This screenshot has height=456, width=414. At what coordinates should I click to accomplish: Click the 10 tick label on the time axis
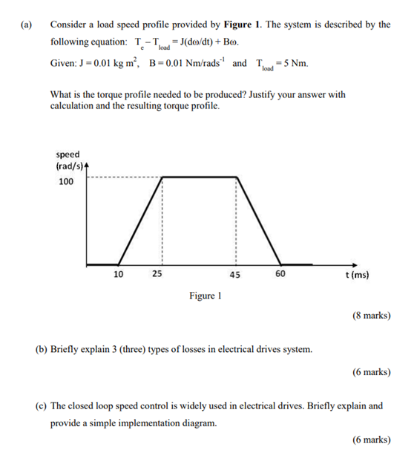pyautogui.click(x=119, y=274)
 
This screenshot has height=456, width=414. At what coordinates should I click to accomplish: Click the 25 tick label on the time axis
pyautogui.click(x=157, y=274)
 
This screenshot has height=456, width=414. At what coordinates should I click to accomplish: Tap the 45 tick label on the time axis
pyautogui.click(x=235, y=274)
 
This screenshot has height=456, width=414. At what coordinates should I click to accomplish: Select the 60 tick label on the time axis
pyautogui.click(x=280, y=274)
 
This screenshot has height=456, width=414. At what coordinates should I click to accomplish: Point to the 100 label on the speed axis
pyautogui.click(x=66, y=182)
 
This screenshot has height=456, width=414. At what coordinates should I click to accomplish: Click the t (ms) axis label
pyautogui.click(x=358, y=274)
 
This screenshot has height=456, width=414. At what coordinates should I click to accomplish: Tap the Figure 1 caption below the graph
pyautogui.click(x=206, y=296)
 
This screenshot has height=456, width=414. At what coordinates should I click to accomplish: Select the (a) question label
pyautogui.click(x=27, y=25)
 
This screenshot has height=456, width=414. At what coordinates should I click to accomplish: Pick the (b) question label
pyautogui.click(x=42, y=348)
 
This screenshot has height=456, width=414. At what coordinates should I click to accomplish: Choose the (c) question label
pyautogui.click(x=42, y=406)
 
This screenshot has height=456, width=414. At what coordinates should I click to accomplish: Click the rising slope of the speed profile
pyautogui.click(x=141, y=221)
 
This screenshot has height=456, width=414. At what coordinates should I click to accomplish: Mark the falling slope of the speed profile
pyautogui.click(x=258, y=221)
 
